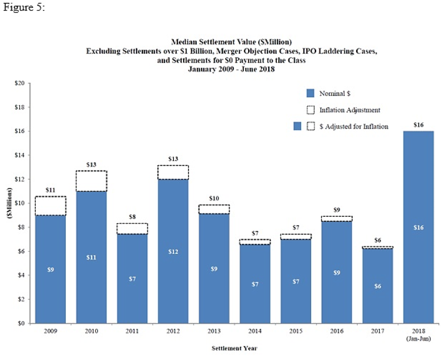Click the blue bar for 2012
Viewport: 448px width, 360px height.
pos(173,251)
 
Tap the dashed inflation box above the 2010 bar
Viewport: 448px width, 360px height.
pos(92,181)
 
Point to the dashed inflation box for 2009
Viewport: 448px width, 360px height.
pos(51,206)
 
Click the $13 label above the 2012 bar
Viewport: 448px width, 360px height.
pos(173,159)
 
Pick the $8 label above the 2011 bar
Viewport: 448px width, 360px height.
pos(132,217)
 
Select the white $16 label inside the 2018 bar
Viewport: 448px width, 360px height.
pos(418,227)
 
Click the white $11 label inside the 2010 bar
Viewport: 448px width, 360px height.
pos(92,258)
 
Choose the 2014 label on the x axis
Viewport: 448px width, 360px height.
pos(255,331)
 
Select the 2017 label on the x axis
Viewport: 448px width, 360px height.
pos(378,331)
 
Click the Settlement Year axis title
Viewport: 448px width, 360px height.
pos(234,348)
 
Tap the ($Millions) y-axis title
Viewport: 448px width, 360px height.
pos(9,203)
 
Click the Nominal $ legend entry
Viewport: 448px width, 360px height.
pos(334,94)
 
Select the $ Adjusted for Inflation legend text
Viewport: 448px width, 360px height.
pos(354,126)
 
